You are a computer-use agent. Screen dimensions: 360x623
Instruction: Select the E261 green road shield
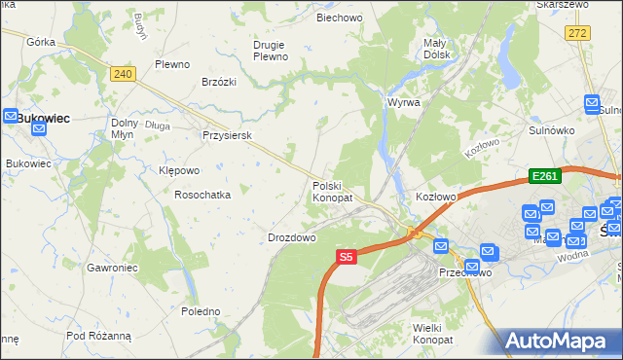543,175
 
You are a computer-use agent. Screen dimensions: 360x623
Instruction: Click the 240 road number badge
122,74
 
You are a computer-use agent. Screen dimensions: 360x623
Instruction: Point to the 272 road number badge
577,33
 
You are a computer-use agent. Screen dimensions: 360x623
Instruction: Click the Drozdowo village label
292,237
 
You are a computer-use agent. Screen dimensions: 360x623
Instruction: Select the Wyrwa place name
403,102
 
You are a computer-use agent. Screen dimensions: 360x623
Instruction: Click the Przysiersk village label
227,136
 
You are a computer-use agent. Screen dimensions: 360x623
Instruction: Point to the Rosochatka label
202,195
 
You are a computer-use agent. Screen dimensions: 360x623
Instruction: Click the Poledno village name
201,311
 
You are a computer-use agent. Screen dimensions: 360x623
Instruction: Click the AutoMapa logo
562,341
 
